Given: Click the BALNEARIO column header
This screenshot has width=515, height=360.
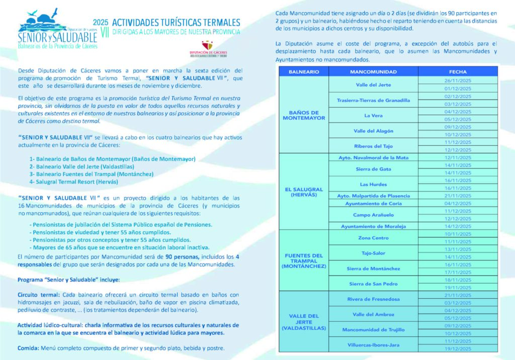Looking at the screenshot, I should pyautogui.click(x=303, y=72).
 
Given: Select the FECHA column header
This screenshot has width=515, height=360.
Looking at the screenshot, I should pyautogui.click(x=458, y=72).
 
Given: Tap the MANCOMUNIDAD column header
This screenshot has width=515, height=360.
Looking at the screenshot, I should pyautogui.click(x=373, y=72).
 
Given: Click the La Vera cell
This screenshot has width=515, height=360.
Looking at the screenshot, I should pyautogui.click(x=373, y=116).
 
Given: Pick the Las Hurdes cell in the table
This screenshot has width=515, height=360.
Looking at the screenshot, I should pyautogui.click(x=373, y=184).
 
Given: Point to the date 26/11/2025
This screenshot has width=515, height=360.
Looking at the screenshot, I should pyautogui.click(x=457, y=81).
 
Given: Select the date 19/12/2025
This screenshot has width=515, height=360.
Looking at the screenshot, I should pyautogui.click(x=457, y=348).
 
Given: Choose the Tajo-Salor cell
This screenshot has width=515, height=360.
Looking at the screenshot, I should pyautogui.click(x=373, y=253).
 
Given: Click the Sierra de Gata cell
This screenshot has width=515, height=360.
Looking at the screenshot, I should pyautogui.click(x=373, y=169).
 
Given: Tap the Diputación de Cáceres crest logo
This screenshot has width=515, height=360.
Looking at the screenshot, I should pyautogui.click(x=206, y=45).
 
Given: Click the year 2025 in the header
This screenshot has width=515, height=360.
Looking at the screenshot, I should pyautogui.click(x=101, y=22).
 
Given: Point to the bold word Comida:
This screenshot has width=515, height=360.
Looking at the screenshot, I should pyautogui.click(x=28, y=348).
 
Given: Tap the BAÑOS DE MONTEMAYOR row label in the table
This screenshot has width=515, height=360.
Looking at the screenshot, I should pyautogui.click(x=303, y=116).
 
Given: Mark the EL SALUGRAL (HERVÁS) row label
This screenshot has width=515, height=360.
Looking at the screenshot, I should pyautogui.click(x=303, y=192).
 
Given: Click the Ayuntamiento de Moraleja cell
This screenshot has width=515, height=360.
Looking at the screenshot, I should pyautogui.click(x=373, y=226).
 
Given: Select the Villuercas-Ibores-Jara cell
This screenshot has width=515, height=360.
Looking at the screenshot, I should pyautogui.click(x=373, y=345).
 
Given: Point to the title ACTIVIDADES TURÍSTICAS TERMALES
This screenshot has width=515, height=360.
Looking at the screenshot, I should pyautogui.click(x=176, y=23).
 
